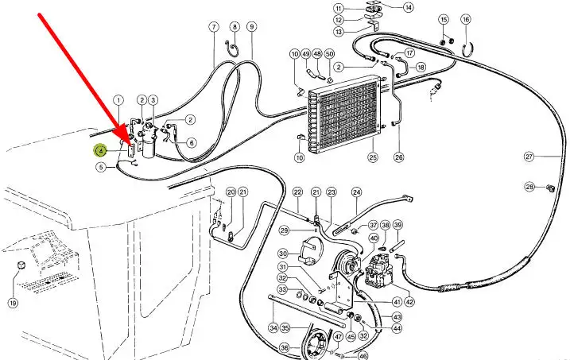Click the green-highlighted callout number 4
coord(101,149)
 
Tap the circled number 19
coord(14,303)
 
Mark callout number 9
coord(251,27)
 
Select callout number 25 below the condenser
coord(372,157)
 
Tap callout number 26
coord(398,157)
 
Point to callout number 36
coord(284,347)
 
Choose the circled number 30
coord(283,254)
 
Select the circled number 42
coord(409,302)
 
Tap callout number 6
coord(191,143)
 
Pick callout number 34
coord(273,327)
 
